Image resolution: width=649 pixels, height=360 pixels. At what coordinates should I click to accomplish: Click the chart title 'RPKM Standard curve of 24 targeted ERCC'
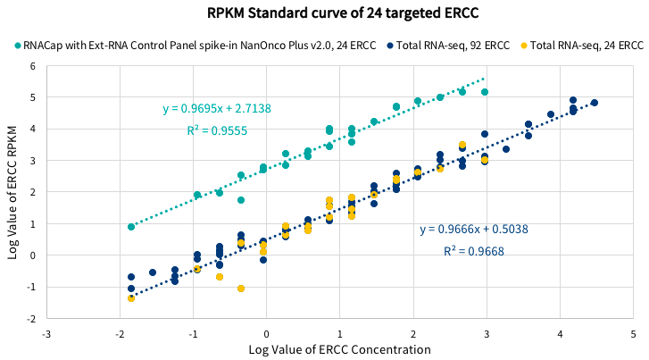tap(324, 13)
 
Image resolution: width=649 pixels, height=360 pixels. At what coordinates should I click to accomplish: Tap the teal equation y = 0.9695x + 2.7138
tap(217, 108)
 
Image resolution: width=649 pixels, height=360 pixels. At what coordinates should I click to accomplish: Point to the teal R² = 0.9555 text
tap(217, 130)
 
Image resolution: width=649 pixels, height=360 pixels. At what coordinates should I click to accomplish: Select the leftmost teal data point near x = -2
tap(131, 227)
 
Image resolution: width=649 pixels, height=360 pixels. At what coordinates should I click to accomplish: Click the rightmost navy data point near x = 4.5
tap(595, 103)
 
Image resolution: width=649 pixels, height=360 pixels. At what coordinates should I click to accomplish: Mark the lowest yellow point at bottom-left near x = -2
tap(131, 298)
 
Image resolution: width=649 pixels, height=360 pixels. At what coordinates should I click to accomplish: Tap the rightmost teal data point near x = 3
tap(485, 92)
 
